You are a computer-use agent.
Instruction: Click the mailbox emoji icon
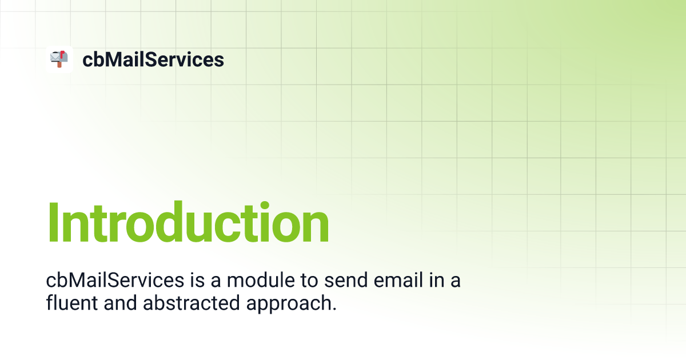(x=59, y=59)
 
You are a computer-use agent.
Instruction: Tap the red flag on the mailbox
(x=62, y=55)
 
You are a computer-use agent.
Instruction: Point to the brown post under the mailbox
(x=59, y=64)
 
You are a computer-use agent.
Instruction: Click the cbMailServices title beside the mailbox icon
(x=153, y=59)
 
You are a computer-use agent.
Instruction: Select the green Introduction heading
(x=188, y=222)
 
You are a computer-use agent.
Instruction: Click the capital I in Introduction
(x=53, y=222)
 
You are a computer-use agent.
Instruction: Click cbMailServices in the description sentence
(x=115, y=280)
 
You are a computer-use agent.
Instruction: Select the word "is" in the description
(x=197, y=280)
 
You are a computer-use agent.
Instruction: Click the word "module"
(x=261, y=280)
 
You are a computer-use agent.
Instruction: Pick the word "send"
(x=346, y=280)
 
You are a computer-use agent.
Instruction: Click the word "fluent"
(x=71, y=303)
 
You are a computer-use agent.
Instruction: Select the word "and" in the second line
(x=120, y=303)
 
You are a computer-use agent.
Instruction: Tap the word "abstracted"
(x=192, y=303)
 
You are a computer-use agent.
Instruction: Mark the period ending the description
(x=334, y=309)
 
